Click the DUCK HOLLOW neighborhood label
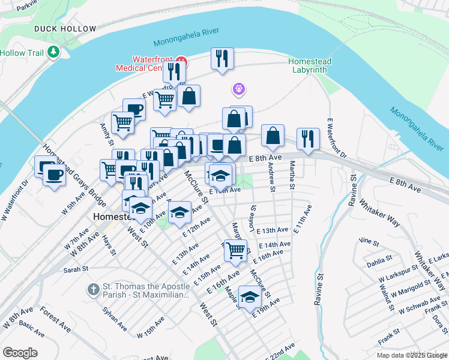(65, 29)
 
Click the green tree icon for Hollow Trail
(54, 52)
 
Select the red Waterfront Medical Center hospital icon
(181, 61)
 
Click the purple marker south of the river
(239, 89)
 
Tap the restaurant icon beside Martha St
(308, 139)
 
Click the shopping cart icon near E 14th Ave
(236, 250)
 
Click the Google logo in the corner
(20, 353)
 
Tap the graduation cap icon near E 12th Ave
(179, 212)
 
